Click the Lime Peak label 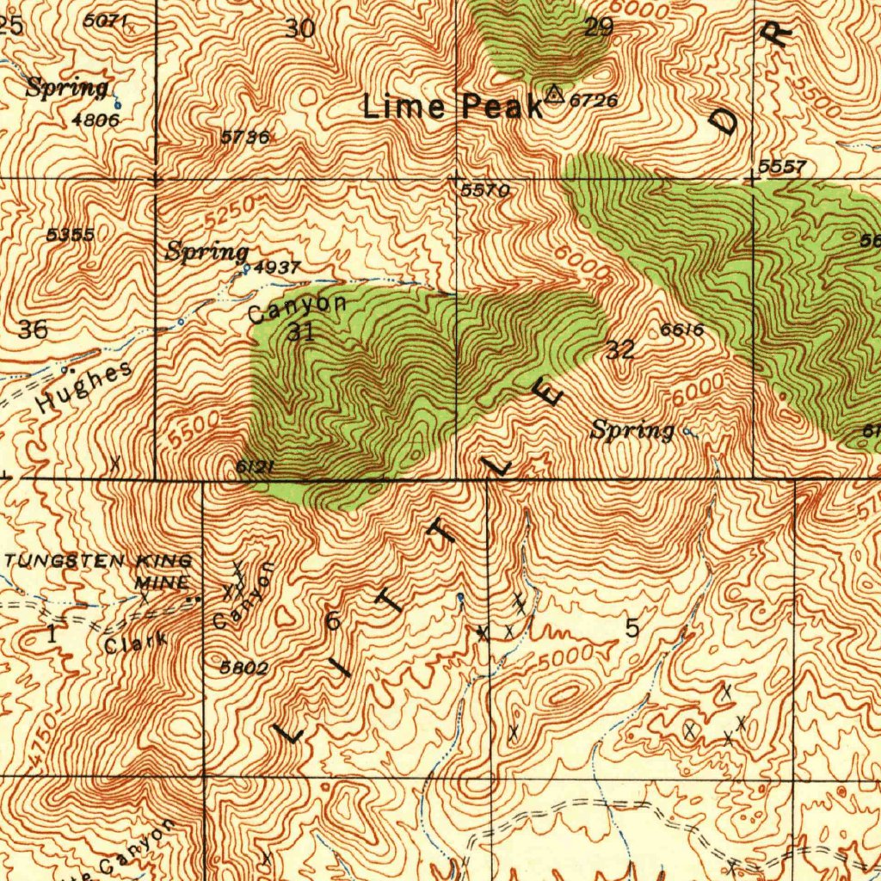[453, 107]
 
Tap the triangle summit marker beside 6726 [555, 94]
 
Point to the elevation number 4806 [95, 120]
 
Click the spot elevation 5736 [244, 137]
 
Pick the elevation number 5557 [782, 167]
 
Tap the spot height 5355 [71, 235]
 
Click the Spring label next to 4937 [206, 252]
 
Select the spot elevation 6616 [682, 330]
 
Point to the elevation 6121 [255, 466]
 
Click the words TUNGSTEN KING [99, 561]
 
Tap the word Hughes [85, 387]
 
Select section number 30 [300, 28]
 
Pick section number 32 [619, 349]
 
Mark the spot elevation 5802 [244, 668]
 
